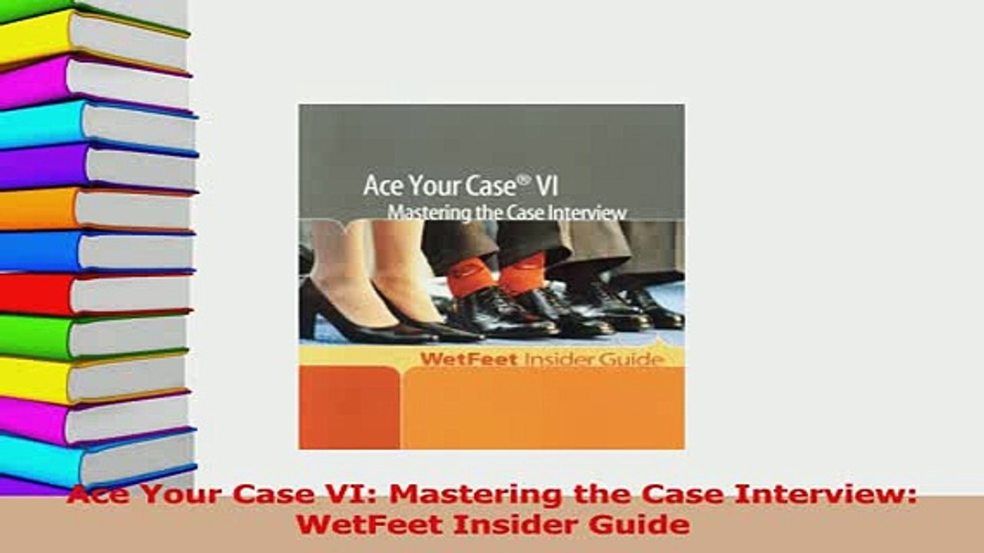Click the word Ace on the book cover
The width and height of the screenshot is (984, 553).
point(382,187)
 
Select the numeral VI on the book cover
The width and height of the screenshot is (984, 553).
point(546,186)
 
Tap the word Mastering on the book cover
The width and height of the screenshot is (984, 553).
point(421,212)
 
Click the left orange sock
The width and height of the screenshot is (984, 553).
point(470,277)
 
